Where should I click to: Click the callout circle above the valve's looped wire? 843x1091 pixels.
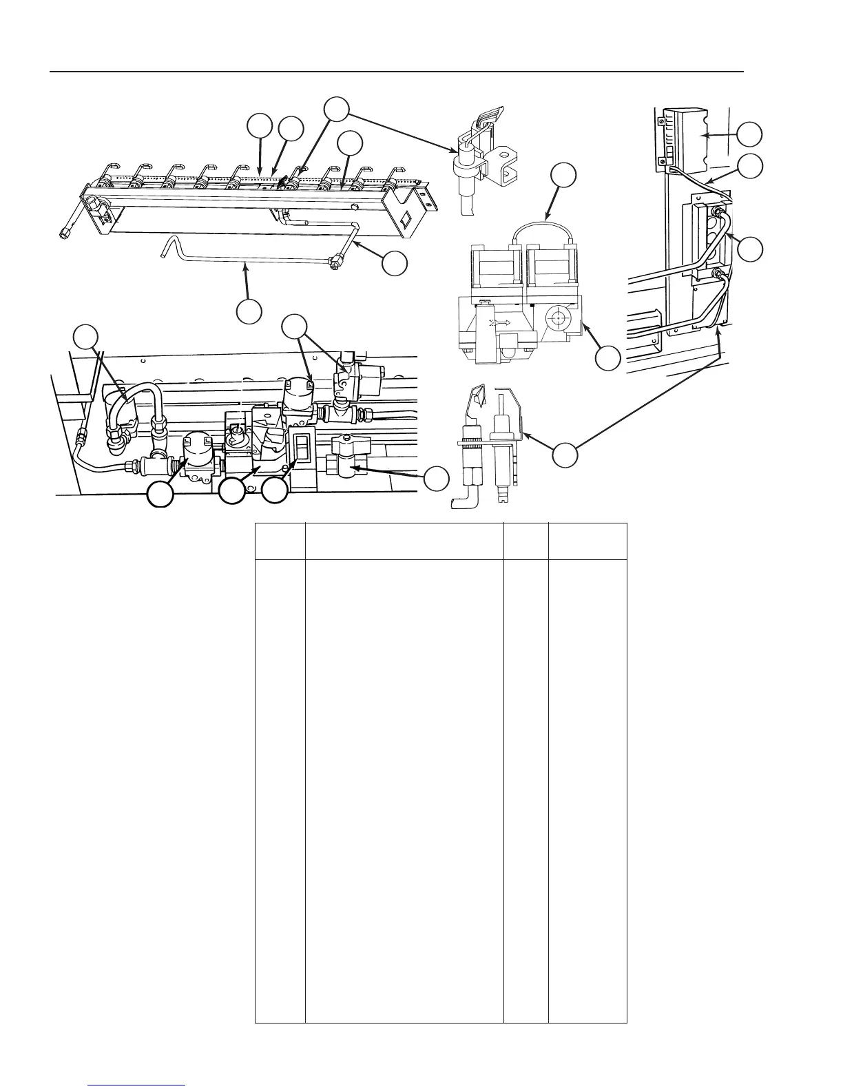(x=564, y=175)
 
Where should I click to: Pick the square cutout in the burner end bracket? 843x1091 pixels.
(x=406, y=221)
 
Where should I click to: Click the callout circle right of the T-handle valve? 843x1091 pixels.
(x=436, y=478)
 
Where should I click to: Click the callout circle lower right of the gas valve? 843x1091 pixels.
(x=607, y=358)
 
